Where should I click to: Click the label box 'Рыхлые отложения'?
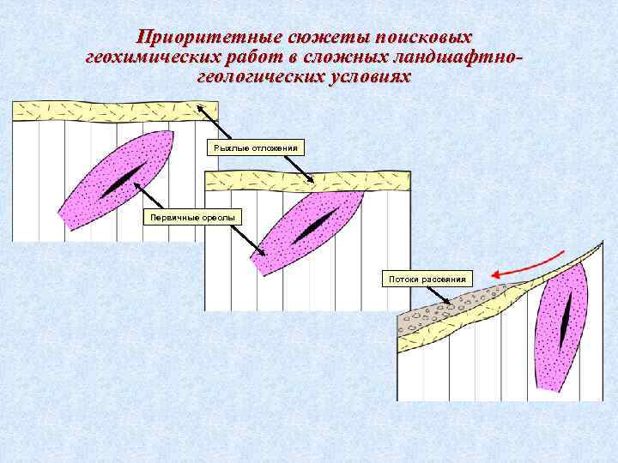click(256, 147)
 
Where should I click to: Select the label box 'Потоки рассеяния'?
click(427, 279)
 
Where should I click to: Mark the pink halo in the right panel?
click(554, 352)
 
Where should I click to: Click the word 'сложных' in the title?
click(344, 57)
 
